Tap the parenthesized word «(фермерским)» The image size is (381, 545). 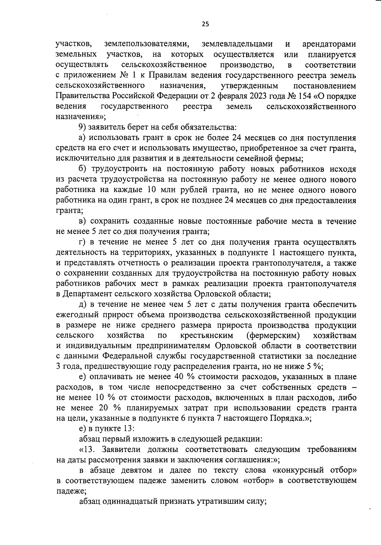[x=273, y=336]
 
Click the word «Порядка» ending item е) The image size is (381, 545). [x=287, y=419]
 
